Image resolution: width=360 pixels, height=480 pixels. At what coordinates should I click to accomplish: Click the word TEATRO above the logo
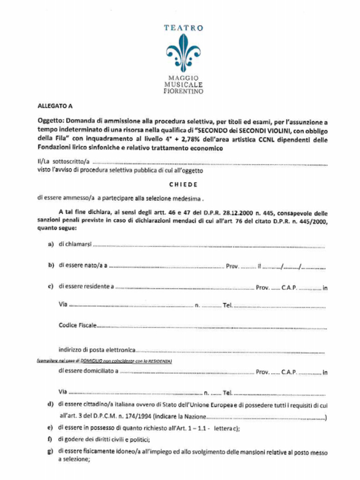point(183,28)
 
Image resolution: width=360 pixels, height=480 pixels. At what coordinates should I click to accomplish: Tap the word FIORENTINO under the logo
point(183,92)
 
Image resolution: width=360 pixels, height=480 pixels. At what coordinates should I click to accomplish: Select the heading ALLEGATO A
point(55,106)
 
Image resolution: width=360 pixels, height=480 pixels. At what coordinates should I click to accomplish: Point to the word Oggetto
point(50,121)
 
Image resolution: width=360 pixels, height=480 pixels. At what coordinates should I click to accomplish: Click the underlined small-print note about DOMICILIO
point(105,361)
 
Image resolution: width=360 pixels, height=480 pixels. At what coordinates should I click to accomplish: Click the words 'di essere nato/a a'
point(83,265)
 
